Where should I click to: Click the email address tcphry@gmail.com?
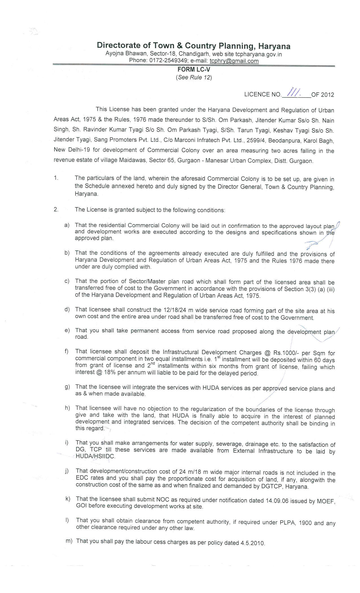(234, 61)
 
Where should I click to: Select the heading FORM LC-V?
(194, 69)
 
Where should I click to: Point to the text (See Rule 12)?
(194, 77)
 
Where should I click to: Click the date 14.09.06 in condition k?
(277, 500)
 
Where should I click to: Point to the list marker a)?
(67, 225)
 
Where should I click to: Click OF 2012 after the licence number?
(322, 95)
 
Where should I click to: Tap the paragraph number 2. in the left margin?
(56, 209)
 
